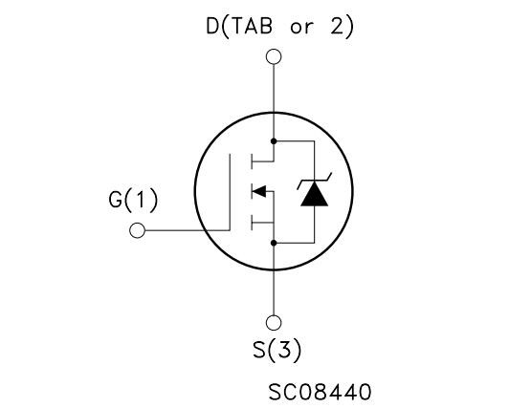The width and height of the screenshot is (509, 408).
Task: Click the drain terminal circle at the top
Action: click(x=274, y=56)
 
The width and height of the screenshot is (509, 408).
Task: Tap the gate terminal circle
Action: click(x=138, y=230)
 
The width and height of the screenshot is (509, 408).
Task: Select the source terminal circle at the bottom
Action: click(x=274, y=322)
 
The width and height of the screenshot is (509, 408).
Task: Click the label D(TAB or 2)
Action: click(x=279, y=26)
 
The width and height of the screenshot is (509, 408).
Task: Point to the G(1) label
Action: click(x=133, y=201)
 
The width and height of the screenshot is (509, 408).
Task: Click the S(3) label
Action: click(x=277, y=351)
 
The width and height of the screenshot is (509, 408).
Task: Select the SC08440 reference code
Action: click(x=320, y=392)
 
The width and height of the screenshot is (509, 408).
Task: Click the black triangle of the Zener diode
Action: click(x=314, y=194)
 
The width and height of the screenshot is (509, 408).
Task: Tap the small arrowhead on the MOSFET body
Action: click(x=258, y=191)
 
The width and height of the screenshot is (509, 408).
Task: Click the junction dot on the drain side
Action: click(x=274, y=141)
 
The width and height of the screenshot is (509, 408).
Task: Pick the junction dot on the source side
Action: click(x=274, y=243)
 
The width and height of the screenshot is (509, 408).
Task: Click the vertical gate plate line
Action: click(x=230, y=192)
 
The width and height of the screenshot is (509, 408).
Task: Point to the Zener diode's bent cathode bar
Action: click(x=314, y=182)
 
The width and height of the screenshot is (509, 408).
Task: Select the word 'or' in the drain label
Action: click(x=302, y=28)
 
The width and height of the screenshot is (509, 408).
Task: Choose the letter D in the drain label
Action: click(x=212, y=26)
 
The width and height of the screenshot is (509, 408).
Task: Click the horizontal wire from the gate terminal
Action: click(x=188, y=230)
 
